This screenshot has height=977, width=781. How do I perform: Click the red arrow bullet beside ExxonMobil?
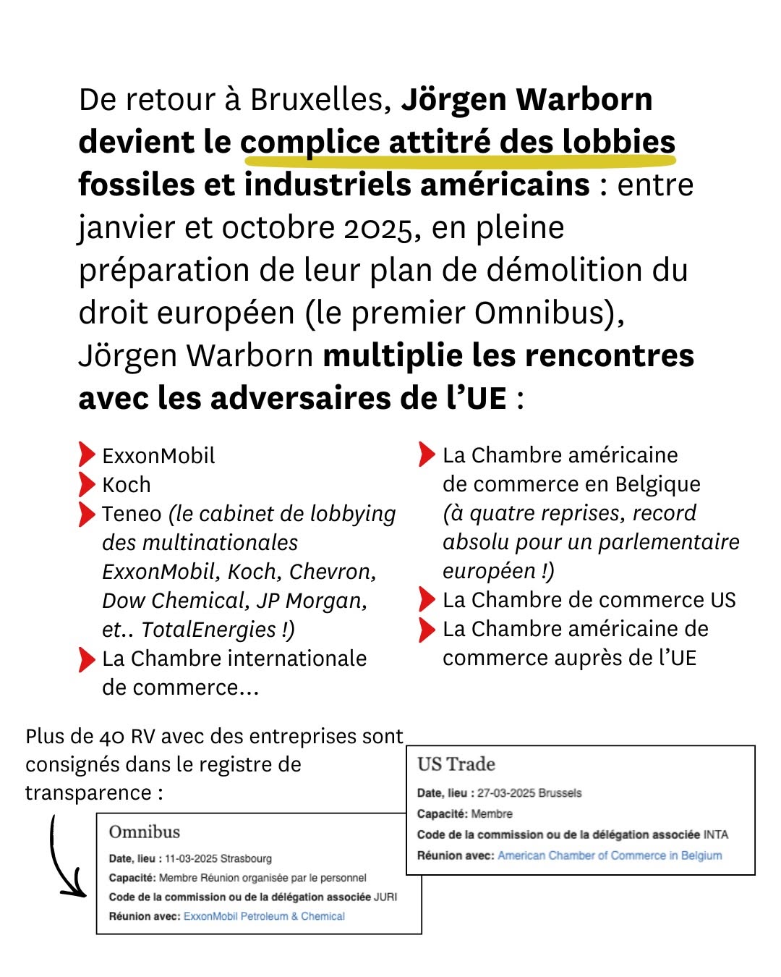87,454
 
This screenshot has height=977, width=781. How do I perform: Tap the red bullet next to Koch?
87,484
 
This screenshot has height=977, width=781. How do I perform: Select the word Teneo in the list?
132,514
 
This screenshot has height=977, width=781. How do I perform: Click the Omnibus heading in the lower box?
144,832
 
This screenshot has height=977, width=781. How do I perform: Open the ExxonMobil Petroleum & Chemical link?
264,916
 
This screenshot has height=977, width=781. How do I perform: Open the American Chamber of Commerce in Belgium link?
610,855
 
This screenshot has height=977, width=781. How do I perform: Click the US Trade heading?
456,764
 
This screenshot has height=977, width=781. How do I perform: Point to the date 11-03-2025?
191,859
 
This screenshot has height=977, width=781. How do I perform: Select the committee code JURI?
385,897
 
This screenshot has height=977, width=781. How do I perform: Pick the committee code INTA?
716,834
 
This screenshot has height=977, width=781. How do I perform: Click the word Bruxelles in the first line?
321,100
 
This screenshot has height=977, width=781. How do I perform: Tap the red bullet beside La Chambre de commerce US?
427,600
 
